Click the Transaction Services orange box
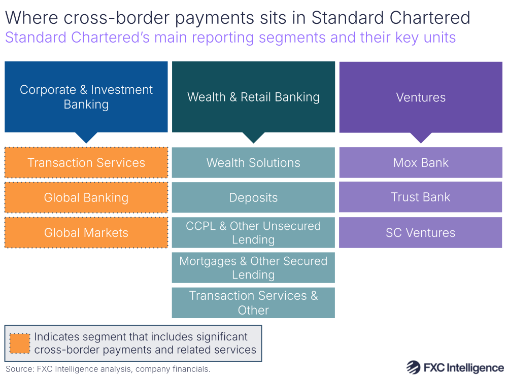(86, 163)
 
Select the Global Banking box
(86, 198)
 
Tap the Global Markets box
(86, 233)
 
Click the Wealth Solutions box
(253, 163)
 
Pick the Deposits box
(253, 198)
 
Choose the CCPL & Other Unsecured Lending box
(253, 232)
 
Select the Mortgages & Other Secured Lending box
(253, 267)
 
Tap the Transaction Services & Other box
(253, 302)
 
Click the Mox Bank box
(421, 163)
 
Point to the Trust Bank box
(421, 197)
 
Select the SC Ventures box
(421, 233)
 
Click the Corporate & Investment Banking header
(86, 97)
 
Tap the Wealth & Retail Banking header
(253, 97)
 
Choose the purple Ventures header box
(421, 97)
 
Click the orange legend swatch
(20, 343)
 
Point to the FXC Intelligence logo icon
(414, 368)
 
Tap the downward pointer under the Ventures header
(421, 137)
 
